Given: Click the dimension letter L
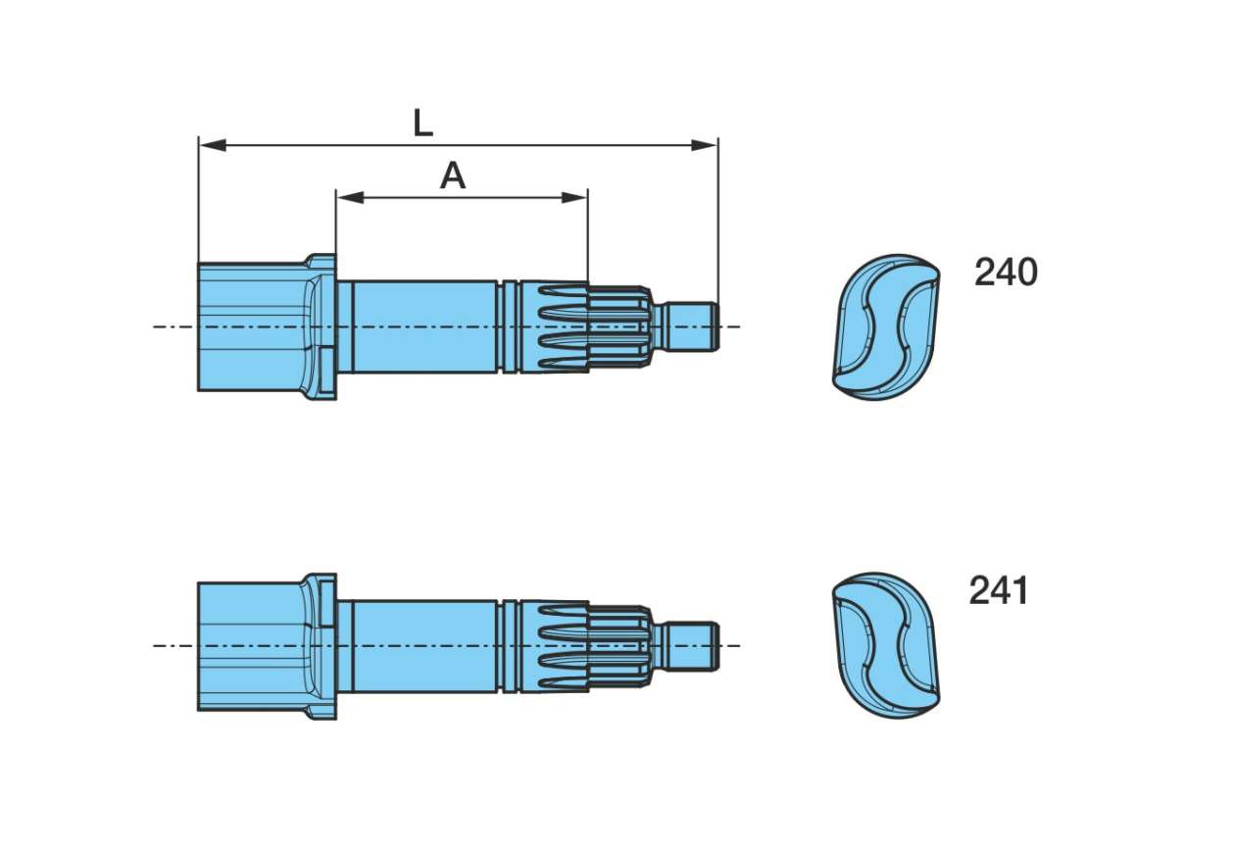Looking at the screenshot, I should [422, 124].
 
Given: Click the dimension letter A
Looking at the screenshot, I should [452, 176].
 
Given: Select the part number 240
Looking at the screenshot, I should [1006, 273].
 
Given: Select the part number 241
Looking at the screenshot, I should [999, 591].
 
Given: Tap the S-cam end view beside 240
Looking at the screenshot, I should [886, 326].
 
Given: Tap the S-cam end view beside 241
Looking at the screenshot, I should [886, 645].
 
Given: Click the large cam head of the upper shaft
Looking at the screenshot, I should [251, 326].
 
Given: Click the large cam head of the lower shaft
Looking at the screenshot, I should [251, 645].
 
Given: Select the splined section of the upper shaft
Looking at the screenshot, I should [584, 327].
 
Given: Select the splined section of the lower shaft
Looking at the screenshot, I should [584, 646].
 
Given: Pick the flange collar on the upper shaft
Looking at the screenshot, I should [322, 326].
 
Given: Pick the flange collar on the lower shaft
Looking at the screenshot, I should [322, 645].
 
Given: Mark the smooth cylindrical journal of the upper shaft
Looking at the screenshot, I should [421, 326].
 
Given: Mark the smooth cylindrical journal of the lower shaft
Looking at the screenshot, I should [421, 645].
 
